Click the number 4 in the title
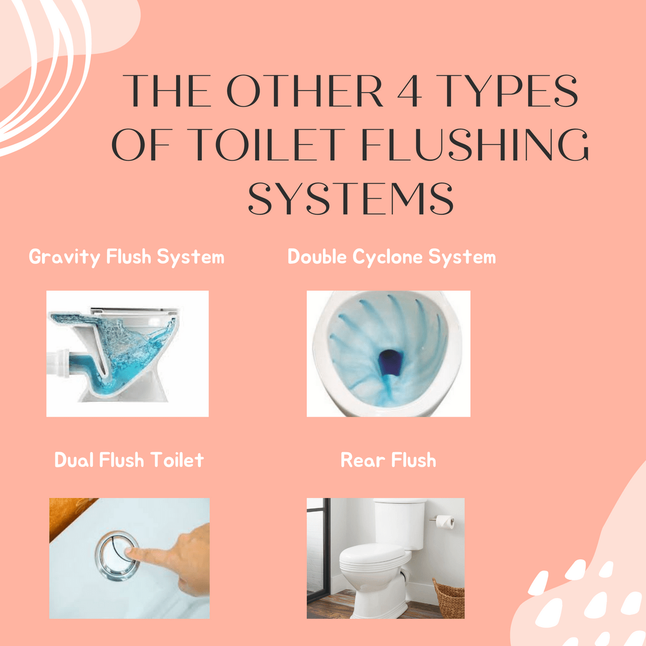(x=409, y=91)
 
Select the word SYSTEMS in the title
(x=350, y=199)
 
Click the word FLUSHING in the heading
(x=474, y=144)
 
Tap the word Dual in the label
(x=74, y=460)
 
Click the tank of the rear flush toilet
(x=400, y=525)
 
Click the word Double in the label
(x=317, y=257)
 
